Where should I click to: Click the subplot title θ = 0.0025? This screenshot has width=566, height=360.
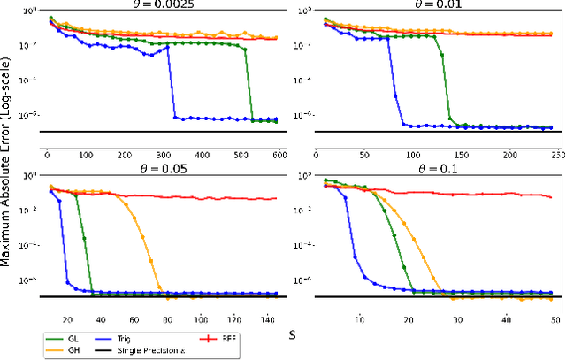point(162,5)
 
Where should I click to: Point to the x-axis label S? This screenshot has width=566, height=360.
point(291,335)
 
